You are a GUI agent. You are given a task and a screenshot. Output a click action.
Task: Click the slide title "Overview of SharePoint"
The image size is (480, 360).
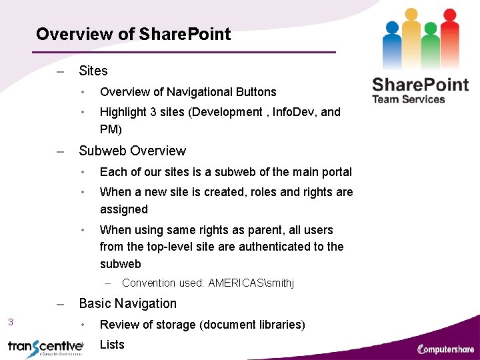pyautogui.click(x=133, y=35)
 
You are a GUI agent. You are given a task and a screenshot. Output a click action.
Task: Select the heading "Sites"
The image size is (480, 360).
pyautogui.click(x=93, y=71)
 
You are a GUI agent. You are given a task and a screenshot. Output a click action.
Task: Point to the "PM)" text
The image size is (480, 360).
pyautogui.click(x=111, y=129)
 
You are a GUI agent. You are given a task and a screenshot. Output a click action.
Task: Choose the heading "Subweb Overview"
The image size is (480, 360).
pyautogui.click(x=132, y=151)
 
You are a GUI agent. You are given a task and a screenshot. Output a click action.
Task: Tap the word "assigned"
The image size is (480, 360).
pyautogui.click(x=123, y=209)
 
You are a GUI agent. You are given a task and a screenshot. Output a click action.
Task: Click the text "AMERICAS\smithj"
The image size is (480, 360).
pyautogui.click(x=251, y=283)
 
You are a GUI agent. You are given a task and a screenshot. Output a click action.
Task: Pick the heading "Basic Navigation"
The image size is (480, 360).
pyautogui.click(x=127, y=303)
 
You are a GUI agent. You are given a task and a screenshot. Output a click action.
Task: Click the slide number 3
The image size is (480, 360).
pyautogui.click(x=11, y=323)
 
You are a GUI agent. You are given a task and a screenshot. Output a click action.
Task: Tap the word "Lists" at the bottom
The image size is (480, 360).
pyautogui.click(x=112, y=344)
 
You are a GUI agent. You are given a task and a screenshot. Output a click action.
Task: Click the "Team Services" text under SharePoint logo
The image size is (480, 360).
pyautogui.click(x=408, y=99)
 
